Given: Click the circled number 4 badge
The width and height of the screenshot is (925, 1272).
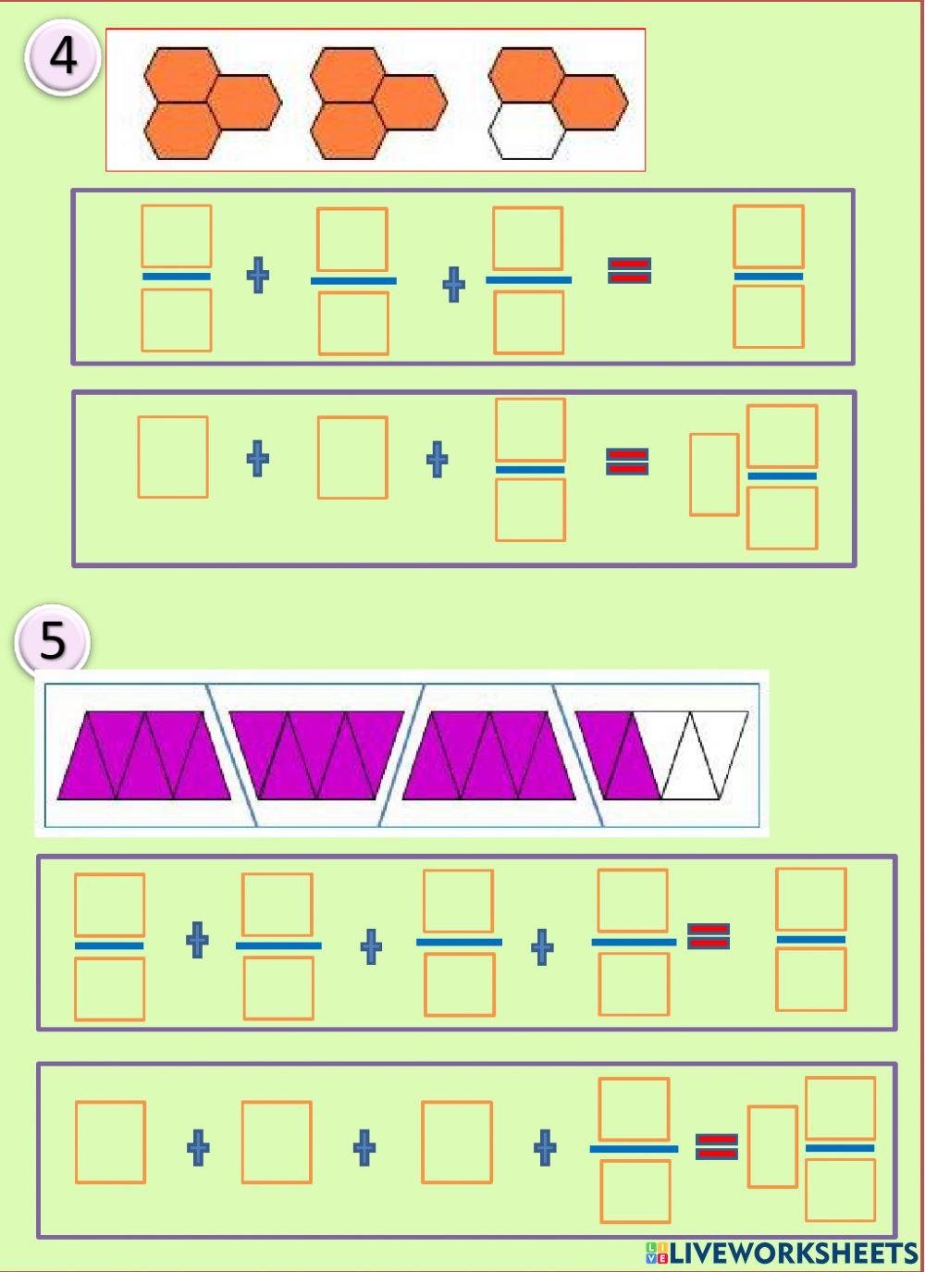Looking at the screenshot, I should tap(62, 57).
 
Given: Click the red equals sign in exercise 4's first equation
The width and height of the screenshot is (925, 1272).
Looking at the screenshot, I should tap(629, 270).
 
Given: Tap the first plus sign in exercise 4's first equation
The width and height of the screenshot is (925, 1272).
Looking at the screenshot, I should tap(258, 276).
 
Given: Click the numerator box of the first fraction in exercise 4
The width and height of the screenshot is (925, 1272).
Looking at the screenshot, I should tap(176, 237).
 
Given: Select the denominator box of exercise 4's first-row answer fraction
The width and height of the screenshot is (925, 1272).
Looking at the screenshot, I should tap(768, 316).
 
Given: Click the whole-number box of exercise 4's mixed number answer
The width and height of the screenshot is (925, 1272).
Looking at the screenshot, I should tap(714, 475).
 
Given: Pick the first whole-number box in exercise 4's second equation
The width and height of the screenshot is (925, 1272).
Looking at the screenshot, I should tap(173, 457).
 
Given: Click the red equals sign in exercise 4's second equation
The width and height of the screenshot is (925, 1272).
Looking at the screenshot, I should tap(627, 461).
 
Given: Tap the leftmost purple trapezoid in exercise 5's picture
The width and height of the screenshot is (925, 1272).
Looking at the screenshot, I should tap(143, 755).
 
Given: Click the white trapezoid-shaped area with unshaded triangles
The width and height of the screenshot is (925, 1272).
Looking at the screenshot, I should tap(703, 755).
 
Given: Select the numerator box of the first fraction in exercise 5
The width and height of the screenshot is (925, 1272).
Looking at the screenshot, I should tap(109, 905).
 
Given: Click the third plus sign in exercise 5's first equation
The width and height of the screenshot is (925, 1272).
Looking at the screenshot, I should tap(542, 946).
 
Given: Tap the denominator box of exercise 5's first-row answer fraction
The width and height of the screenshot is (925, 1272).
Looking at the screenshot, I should tap(810, 980).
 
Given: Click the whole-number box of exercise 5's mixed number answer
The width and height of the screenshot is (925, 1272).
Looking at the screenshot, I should tap(772, 1147).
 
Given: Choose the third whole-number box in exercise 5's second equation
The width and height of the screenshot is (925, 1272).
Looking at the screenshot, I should tap(457, 1142).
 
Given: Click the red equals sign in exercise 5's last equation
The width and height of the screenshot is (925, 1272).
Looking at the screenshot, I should tap(717, 1147).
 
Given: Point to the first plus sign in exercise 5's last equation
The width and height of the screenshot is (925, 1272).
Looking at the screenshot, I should tap(198, 1148).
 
